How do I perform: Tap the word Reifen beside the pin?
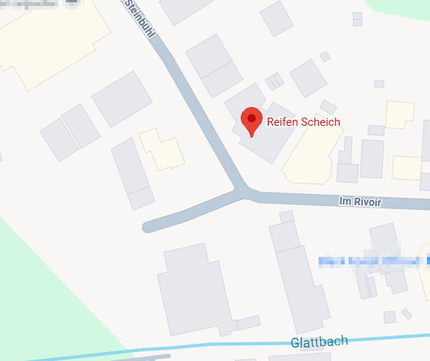283,122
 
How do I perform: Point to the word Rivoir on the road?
366,201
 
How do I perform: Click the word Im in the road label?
345,201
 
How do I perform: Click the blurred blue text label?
374,261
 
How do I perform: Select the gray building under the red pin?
262,135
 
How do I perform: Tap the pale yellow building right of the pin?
310,154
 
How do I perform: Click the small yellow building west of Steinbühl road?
162,149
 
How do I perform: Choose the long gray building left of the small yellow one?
131,169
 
